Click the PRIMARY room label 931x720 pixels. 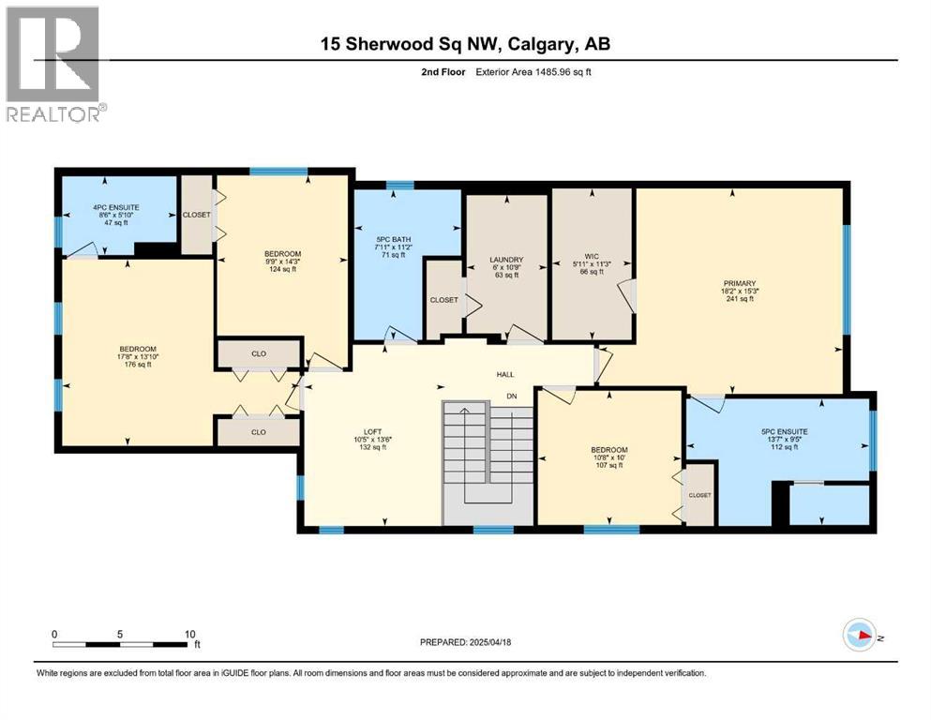[739, 282]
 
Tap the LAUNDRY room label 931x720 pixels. [505, 260]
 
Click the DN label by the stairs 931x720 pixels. [512, 397]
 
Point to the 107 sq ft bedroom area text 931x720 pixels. [608, 466]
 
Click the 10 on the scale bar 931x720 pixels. [190, 633]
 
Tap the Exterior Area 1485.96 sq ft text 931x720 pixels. [514, 72]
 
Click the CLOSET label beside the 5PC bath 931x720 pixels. [443, 300]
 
